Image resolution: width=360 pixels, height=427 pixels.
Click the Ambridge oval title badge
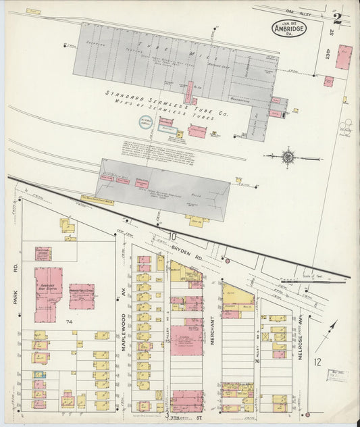click(x=289, y=28)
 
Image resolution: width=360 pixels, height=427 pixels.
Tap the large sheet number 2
click(x=337, y=19)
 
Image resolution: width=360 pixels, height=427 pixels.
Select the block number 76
click(x=257, y=361)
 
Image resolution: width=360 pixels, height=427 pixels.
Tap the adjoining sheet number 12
click(x=317, y=362)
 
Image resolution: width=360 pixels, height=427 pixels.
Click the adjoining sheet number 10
click(x=173, y=236)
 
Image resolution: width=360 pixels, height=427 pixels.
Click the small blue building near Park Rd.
click(x=38, y=374)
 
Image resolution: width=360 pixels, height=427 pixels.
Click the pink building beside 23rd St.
click(x=344, y=57)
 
